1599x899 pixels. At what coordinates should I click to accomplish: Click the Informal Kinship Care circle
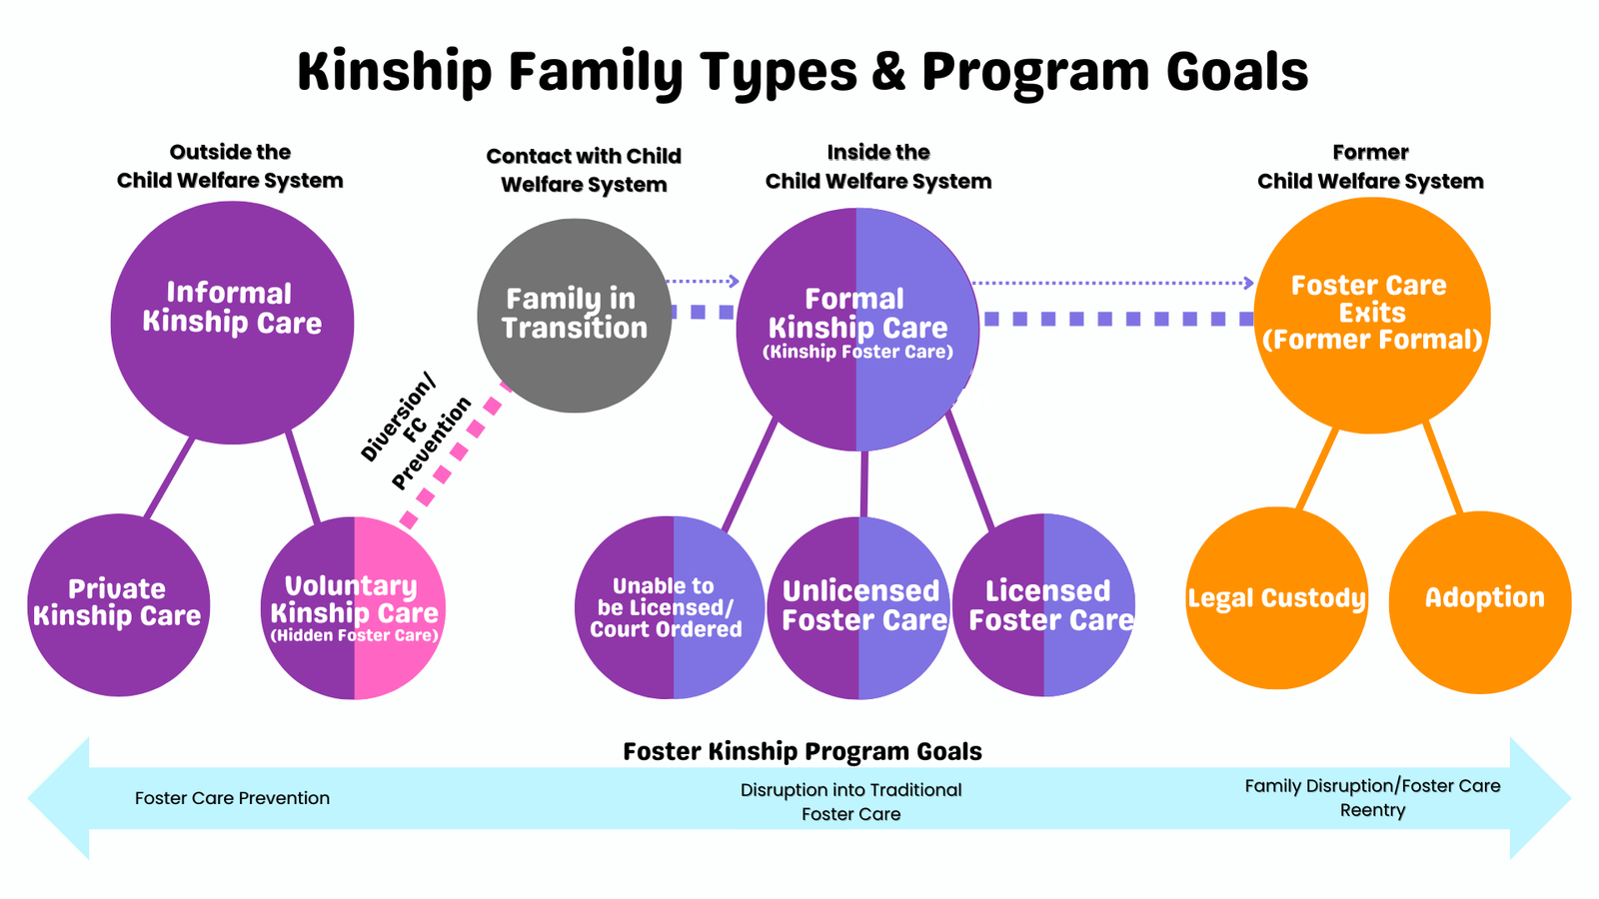[x=232, y=322]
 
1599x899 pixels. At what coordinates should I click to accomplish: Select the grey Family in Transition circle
[x=574, y=315]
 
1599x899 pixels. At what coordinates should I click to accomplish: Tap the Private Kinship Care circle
[x=118, y=604]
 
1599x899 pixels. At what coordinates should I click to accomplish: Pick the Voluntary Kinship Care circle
[x=354, y=607]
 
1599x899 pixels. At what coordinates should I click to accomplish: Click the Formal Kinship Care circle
[x=857, y=329]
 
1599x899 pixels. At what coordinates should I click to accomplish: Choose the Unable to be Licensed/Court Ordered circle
[x=668, y=607]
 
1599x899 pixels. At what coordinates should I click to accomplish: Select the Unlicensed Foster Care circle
[x=859, y=607]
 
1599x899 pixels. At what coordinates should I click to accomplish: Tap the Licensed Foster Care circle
[x=1045, y=605]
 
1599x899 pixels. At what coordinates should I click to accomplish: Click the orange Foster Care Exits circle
[x=1371, y=315]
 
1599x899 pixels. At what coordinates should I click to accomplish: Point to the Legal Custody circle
[x=1276, y=598]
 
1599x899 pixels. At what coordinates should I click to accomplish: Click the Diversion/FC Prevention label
[x=414, y=430]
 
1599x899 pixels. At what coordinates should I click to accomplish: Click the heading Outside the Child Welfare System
[x=230, y=167]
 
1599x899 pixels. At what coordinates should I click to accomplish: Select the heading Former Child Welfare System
[x=1370, y=167]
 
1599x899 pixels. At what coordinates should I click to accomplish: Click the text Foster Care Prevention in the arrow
[x=232, y=798]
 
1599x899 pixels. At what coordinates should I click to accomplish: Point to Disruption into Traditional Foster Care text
[x=851, y=802]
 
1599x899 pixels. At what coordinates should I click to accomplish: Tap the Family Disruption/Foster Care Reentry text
[x=1372, y=798]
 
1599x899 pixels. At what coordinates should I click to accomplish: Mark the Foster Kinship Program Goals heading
[x=802, y=751]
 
